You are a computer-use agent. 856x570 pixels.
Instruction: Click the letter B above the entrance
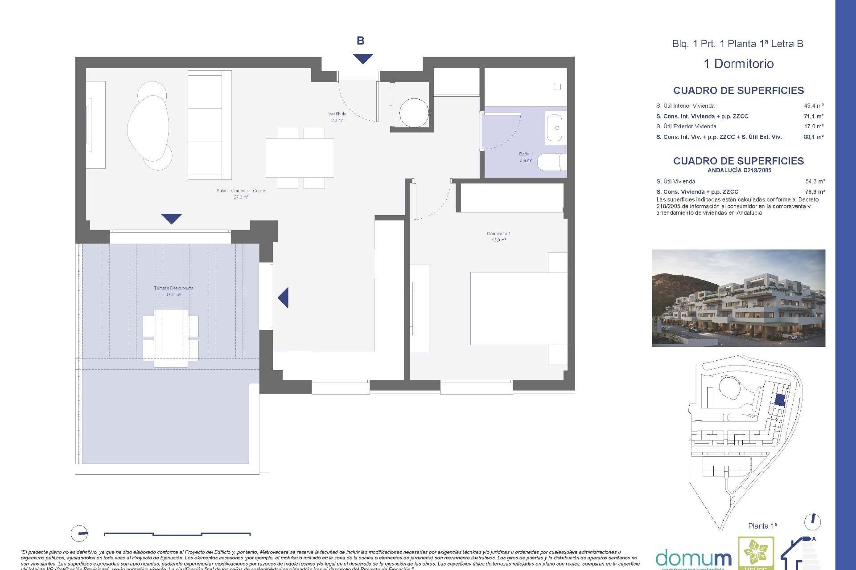pos(360,41)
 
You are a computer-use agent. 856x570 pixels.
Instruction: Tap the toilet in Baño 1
pos(551,162)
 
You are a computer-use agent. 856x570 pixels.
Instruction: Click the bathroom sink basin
pos(555,128)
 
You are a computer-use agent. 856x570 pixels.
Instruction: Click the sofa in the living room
pos(209,125)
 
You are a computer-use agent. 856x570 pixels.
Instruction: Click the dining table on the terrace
pos(171,338)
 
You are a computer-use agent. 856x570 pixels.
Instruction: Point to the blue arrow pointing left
pos(284,297)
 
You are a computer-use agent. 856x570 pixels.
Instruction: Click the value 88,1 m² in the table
pos(813,137)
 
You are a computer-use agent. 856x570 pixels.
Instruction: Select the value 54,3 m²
pos(815,182)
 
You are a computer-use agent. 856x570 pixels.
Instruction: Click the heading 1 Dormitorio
pos(738,64)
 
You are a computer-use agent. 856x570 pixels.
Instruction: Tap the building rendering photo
pos(738,298)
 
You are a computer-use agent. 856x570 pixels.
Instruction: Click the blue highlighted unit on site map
pos(779,400)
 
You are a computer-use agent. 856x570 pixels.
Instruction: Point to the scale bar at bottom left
pos(177,533)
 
